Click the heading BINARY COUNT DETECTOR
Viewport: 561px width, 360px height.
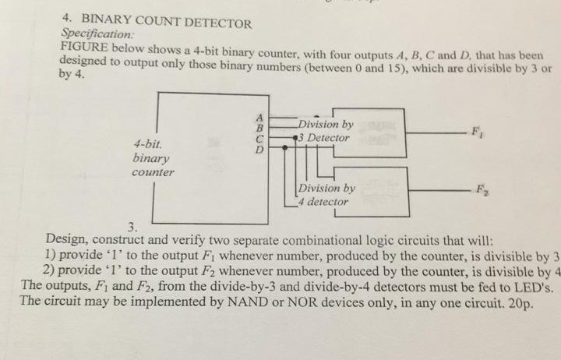[167, 23]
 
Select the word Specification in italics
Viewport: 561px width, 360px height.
[97, 35]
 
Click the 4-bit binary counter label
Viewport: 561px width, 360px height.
[153, 158]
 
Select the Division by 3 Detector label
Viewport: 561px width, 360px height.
[324, 131]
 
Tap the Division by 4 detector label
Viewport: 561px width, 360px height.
[326, 195]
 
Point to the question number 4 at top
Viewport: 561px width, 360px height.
[67, 22]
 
